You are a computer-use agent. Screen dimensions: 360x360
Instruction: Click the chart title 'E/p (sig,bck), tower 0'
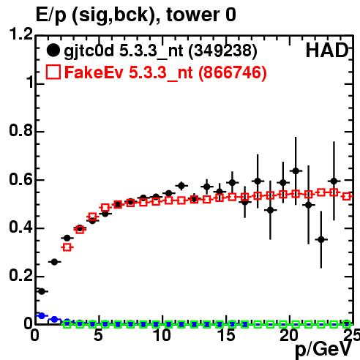tap(136, 15)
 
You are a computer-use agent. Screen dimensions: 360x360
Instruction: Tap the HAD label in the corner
tap(327, 50)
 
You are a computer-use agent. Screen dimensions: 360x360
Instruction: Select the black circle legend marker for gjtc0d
tap(53, 50)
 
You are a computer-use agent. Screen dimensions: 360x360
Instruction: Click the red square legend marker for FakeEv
tap(53, 72)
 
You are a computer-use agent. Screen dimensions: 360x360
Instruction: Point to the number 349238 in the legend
tap(222, 51)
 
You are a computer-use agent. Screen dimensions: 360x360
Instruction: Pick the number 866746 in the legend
tap(233, 72)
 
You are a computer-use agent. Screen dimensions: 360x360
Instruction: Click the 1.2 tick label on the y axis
tap(21, 34)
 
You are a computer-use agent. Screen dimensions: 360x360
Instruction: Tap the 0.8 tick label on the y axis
tap(21, 130)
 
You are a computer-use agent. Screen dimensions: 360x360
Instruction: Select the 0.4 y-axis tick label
tap(21, 228)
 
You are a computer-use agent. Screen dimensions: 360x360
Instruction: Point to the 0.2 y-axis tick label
tap(21, 276)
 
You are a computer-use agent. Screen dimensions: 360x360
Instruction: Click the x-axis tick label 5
tap(98, 335)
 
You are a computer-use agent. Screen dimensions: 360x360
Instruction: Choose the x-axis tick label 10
tap(162, 335)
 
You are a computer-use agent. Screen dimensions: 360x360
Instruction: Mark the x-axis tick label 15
tap(226, 335)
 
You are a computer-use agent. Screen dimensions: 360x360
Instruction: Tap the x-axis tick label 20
tap(290, 335)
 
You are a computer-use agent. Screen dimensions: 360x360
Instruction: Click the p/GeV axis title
tap(323, 349)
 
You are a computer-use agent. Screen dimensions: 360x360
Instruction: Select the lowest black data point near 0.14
tap(42, 291)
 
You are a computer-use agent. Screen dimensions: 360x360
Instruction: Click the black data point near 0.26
tap(54, 262)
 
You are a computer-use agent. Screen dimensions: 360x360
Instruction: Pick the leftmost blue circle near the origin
tap(42, 315)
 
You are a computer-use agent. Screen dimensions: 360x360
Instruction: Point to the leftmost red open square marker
tap(67, 247)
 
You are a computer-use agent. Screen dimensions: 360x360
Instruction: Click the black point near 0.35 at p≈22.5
tap(321, 239)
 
